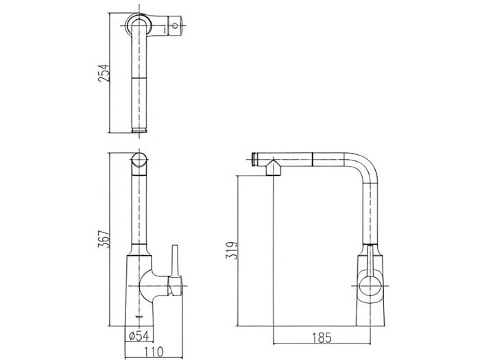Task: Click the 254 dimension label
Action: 104,71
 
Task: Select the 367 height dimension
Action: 104,239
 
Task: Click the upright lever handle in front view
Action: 174,261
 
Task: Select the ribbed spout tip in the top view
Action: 140,128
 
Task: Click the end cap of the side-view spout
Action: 256,158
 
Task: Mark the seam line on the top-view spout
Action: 140,77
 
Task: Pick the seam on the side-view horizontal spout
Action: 313,159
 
